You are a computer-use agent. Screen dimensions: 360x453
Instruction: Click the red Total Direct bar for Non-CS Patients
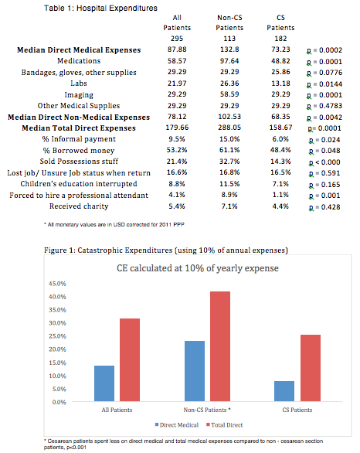coord(220,346)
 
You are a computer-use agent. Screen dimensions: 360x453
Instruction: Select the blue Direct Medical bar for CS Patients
coord(284,391)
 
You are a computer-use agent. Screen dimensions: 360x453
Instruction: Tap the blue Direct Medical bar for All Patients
coord(104,383)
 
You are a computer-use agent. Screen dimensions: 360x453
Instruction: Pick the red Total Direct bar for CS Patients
coord(311,368)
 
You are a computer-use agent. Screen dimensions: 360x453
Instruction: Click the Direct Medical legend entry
coord(177,425)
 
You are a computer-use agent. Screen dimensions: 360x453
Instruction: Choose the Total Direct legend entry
coord(225,425)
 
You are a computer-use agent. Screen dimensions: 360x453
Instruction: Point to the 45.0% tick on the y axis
coord(57,284)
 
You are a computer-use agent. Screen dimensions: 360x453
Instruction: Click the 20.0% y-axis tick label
coord(57,349)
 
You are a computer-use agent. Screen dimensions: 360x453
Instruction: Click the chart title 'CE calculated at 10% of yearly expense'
coord(198,268)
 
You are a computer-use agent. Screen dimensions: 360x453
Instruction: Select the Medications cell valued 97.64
coord(229,61)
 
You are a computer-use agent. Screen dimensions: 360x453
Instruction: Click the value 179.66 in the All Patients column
coord(177,128)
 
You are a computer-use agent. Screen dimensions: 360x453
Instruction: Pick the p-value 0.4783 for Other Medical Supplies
coord(324,106)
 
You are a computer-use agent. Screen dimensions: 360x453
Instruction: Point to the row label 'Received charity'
coord(79,206)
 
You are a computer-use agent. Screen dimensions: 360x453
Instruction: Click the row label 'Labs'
coord(79,83)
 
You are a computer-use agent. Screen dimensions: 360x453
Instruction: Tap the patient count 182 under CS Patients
coord(280,39)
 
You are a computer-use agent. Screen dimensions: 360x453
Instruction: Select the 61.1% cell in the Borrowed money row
coord(229,150)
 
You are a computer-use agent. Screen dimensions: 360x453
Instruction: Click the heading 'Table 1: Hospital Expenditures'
coord(100,8)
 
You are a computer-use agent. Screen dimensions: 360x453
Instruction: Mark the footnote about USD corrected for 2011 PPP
coord(114,224)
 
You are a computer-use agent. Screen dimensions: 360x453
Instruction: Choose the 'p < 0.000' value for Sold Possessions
coord(324,162)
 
